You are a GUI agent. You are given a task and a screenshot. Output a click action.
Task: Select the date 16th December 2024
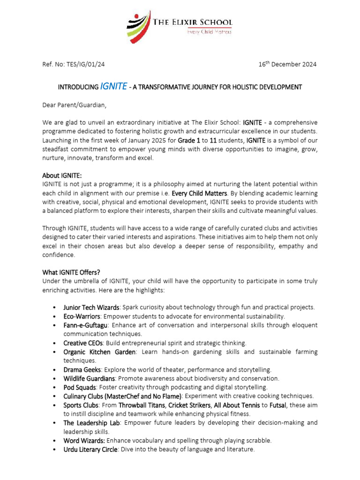(287, 64)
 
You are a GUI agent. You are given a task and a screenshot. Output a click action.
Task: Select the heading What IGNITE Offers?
(71, 272)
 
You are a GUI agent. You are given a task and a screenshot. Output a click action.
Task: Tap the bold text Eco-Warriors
(82, 316)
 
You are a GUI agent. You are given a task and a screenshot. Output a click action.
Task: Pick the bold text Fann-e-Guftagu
(86, 325)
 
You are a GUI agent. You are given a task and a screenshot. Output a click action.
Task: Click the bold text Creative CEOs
(83, 343)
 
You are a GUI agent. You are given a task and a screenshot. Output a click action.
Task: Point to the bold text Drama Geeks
(82, 370)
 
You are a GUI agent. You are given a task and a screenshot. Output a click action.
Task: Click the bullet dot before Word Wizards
(55, 441)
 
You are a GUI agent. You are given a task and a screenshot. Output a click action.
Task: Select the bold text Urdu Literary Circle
(90, 450)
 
